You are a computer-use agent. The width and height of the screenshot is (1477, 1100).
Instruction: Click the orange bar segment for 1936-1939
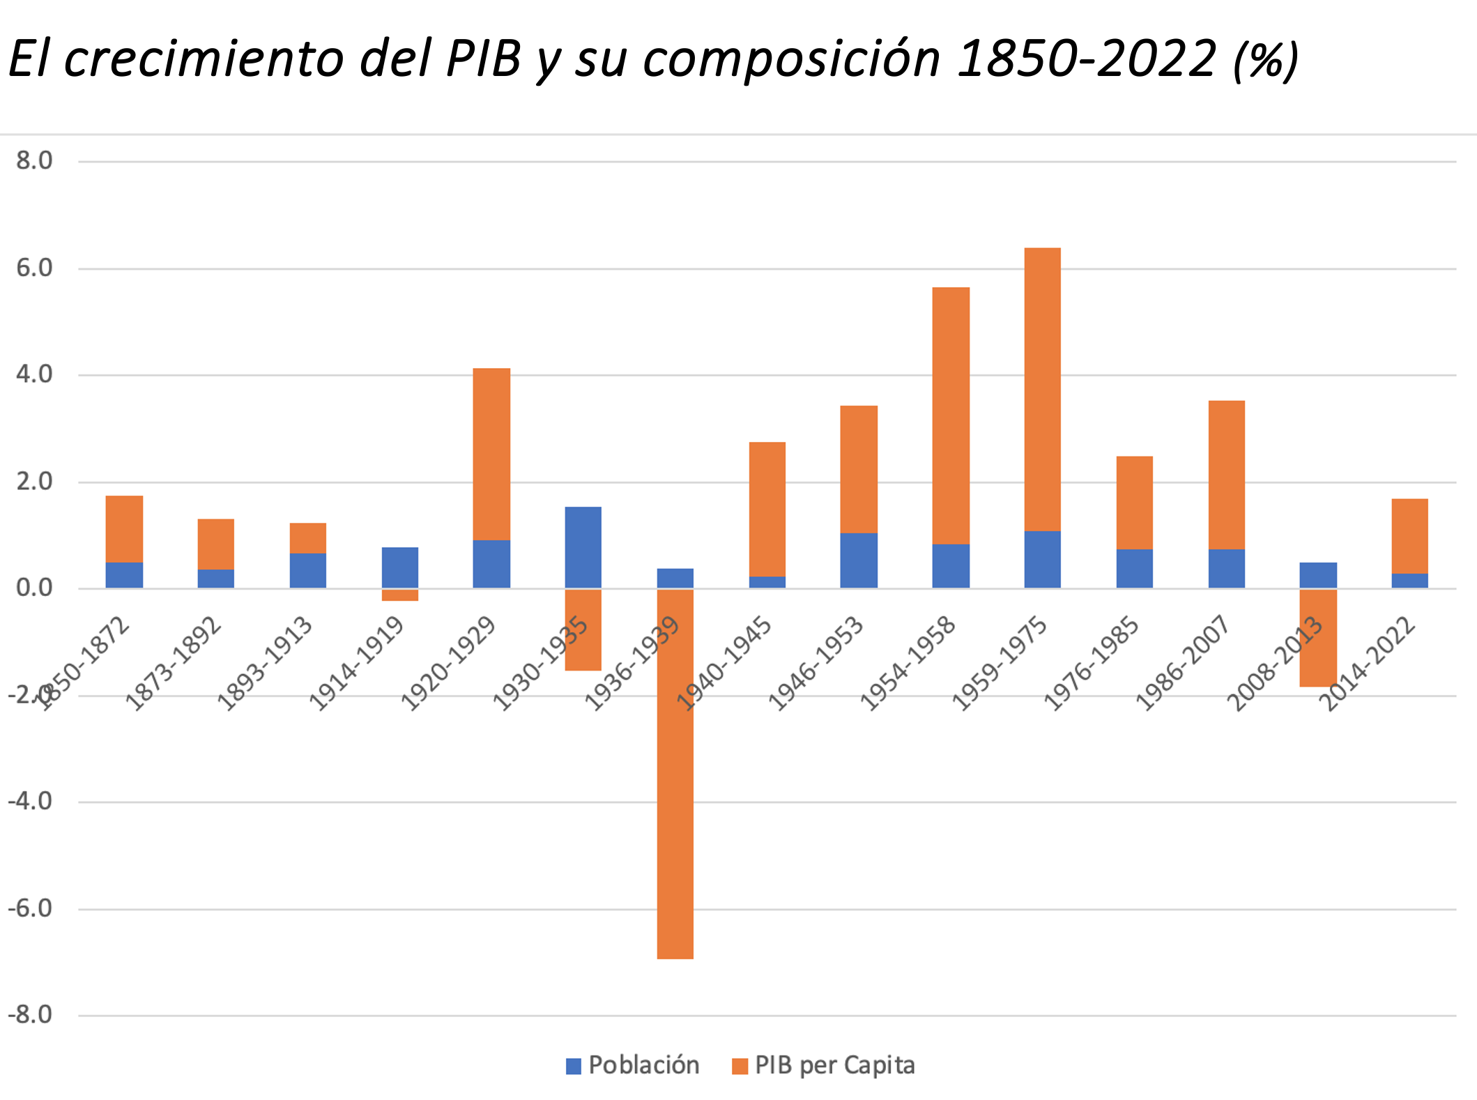click(x=675, y=774)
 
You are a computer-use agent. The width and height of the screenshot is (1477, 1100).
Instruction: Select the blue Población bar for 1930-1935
click(x=583, y=547)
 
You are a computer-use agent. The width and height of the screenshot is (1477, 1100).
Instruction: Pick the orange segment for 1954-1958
click(x=951, y=415)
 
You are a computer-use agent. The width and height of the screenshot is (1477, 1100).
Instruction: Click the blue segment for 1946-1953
click(x=858, y=560)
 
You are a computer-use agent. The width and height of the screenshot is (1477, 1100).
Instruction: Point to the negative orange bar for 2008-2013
click(x=1317, y=638)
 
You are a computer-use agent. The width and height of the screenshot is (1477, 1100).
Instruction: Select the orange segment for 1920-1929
click(x=491, y=454)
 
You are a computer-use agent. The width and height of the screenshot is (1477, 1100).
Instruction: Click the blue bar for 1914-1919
click(x=399, y=567)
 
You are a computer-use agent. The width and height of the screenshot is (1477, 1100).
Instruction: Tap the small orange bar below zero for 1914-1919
click(x=399, y=595)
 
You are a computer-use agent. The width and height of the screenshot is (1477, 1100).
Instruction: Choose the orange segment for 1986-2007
click(x=1226, y=475)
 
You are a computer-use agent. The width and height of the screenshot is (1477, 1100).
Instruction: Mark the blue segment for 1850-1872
click(x=124, y=575)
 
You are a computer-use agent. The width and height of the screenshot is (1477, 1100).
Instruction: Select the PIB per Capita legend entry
click(x=824, y=1065)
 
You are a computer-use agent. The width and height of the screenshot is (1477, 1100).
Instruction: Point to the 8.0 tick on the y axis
click(x=34, y=161)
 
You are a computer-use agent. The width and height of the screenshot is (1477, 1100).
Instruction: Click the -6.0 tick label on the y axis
click(x=30, y=908)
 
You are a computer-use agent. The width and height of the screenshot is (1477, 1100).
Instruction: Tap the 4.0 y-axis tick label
click(x=34, y=374)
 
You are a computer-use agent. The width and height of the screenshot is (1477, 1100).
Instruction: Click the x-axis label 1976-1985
click(x=1091, y=664)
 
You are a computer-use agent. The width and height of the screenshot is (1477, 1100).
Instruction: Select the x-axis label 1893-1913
click(x=265, y=664)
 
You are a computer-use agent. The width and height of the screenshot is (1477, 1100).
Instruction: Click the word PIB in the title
click(x=484, y=59)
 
